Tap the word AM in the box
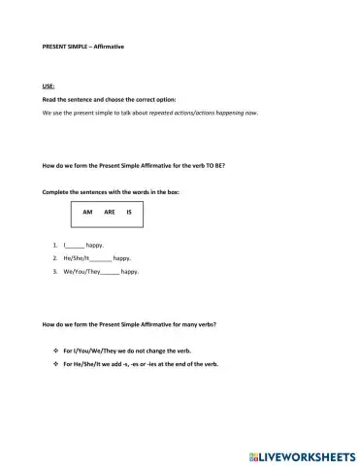(x=87, y=213)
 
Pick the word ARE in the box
(x=109, y=213)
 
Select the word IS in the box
(x=129, y=213)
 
